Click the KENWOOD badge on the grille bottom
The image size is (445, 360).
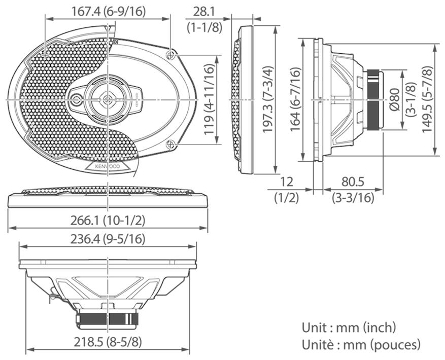107,166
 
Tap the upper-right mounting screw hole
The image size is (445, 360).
170,54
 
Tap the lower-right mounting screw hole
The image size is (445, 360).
170,145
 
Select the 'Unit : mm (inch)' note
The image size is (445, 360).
349,327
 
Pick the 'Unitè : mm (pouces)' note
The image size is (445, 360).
361,345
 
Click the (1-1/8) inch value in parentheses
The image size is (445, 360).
204,27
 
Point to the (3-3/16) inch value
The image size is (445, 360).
353,198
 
